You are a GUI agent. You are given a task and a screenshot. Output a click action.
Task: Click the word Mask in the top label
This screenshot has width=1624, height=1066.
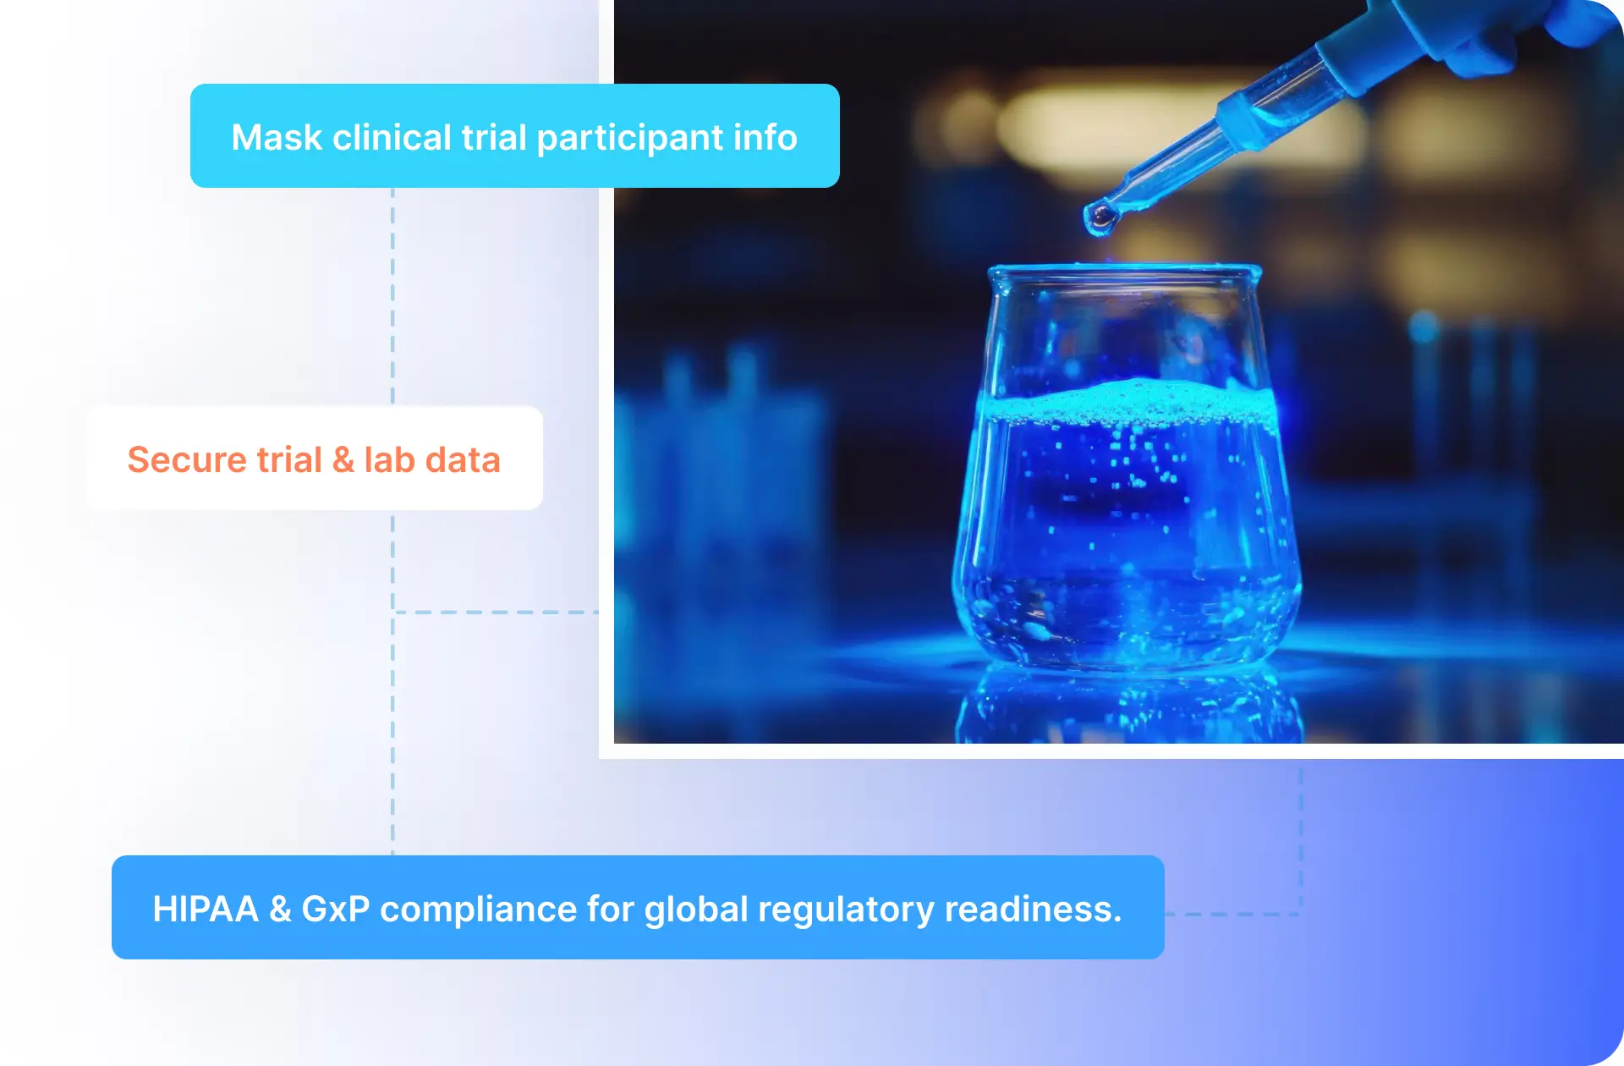click(x=277, y=137)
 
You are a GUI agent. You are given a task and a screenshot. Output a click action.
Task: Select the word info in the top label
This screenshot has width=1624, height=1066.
click(x=765, y=137)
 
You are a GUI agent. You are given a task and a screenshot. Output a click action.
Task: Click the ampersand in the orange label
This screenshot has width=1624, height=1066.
click(x=343, y=459)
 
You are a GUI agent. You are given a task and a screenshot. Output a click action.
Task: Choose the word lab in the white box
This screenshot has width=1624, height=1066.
click(x=389, y=459)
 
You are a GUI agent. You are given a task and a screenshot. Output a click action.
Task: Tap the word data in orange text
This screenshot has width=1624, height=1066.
click(x=463, y=459)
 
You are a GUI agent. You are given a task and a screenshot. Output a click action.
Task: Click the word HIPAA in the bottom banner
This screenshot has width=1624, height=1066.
click(x=206, y=909)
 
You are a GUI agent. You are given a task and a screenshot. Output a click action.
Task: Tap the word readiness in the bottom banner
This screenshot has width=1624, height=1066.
click(x=1033, y=909)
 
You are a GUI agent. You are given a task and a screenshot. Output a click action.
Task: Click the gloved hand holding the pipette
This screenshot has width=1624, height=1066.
click(x=1514, y=34)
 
